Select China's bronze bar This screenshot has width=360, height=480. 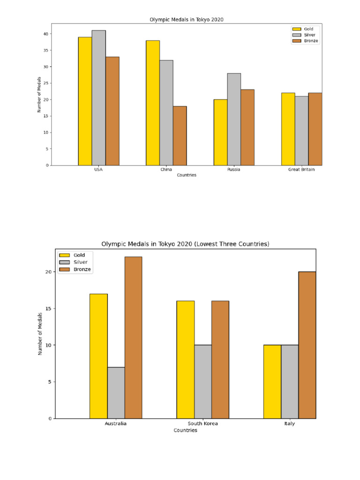coord(180,136)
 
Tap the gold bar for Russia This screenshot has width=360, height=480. coord(220,132)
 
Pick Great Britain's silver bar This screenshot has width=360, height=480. coord(301,130)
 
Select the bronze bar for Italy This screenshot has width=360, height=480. coord(307,345)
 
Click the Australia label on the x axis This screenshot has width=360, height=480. coord(115,424)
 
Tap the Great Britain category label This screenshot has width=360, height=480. coord(301,170)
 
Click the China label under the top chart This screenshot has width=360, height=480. coord(166,170)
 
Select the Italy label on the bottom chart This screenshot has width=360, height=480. coord(289,424)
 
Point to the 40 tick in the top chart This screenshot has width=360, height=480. coord(46,34)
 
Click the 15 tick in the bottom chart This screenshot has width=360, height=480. coord(48,308)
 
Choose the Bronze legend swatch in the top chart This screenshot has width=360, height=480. coord(296,41)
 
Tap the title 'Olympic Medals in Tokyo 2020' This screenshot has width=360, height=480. coord(187,20)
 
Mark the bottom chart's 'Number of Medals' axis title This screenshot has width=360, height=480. coord(40,333)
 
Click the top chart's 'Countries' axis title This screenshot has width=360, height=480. coord(187,175)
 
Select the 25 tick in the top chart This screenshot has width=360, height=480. coord(46,83)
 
